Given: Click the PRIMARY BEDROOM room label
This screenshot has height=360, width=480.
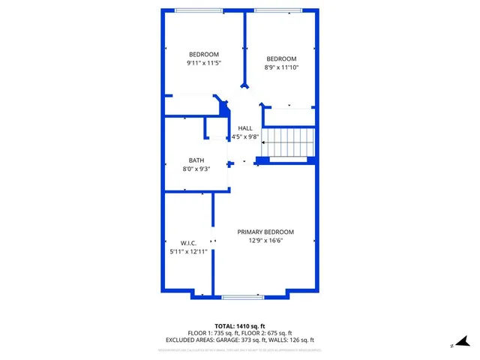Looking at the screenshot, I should coord(265,232).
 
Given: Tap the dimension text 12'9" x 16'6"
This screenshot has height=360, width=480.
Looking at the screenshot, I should coord(265,241).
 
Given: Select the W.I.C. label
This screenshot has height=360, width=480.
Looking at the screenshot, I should coord(188,243).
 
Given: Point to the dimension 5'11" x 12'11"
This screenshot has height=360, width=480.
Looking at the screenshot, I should coord(188,252).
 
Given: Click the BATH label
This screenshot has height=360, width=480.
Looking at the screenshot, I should coord(196,160).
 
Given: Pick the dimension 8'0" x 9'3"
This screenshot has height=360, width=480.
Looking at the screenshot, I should coord(196,169).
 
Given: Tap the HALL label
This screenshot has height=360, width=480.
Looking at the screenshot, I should coord(245,128).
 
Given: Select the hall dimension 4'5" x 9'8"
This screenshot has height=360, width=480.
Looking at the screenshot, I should coord(245,137).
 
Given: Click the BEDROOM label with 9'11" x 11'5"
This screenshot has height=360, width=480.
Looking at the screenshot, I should coord(203,54).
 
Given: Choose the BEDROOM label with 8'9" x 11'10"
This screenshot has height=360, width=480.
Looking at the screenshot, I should coord(281,58).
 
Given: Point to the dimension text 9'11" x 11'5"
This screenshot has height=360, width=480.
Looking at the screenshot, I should coord(203,63).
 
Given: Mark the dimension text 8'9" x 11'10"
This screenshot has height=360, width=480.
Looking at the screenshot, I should coord(281,67).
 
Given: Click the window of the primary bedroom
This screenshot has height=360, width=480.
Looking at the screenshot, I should coord(242,297).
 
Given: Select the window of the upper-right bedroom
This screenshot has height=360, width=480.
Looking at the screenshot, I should coord(278,10).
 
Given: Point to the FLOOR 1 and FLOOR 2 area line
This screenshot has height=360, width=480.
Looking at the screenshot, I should coord(240,333).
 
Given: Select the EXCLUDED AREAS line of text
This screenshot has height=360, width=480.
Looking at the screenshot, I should coord(240,340).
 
